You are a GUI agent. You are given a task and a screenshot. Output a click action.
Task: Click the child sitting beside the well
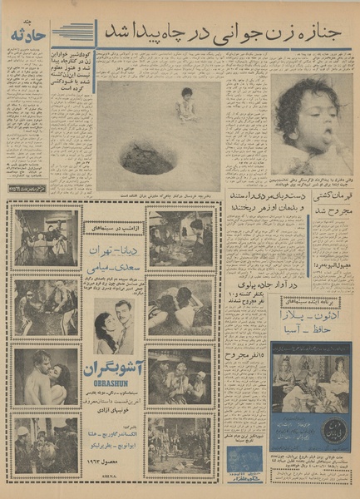(186, 104)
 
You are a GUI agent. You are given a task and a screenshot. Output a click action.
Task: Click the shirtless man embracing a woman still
(46, 375)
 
